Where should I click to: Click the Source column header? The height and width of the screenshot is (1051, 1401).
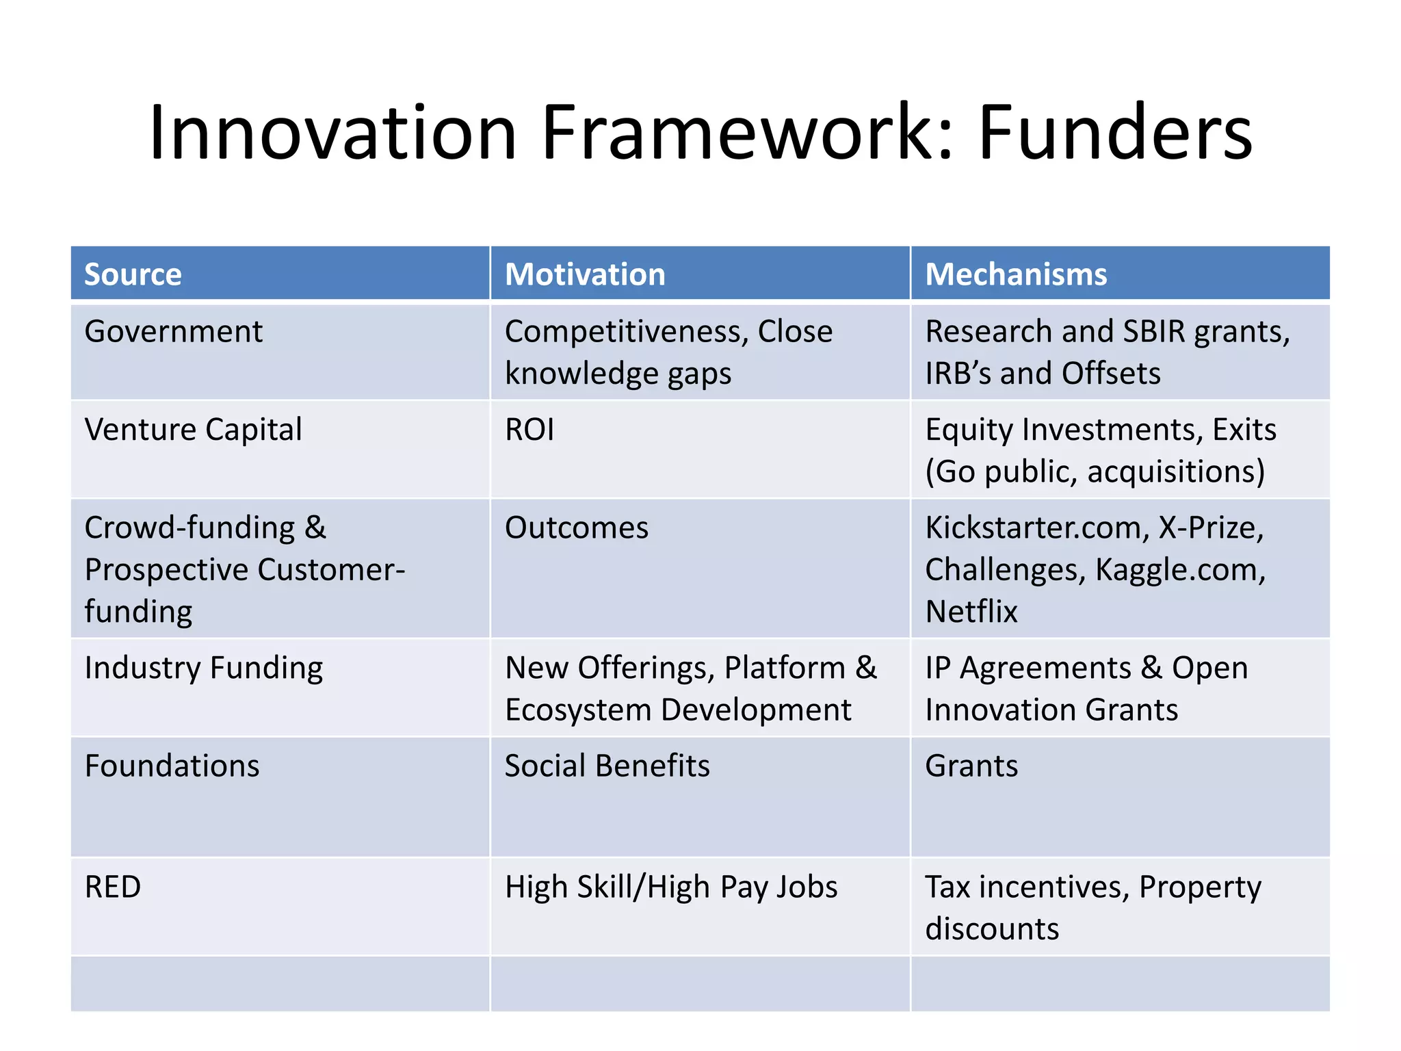(133, 274)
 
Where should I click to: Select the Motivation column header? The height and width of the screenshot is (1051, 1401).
(585, 274)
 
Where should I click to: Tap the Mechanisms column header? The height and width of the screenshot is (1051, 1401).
(1016, 274)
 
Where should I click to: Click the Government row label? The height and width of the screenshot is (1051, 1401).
(173, 332)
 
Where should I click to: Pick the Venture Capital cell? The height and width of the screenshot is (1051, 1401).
(193, 430)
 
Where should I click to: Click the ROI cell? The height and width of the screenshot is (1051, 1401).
(529, 430)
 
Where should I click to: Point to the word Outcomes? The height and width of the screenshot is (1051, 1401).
(577, 528)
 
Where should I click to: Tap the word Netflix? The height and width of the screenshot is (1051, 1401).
(971, 612)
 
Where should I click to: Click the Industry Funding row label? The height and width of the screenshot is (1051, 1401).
(204, 668)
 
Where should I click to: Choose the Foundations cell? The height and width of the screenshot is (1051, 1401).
(172, 766)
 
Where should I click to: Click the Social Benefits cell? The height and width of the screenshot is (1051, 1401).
(607, 766)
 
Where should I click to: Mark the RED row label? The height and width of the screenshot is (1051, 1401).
(113, 887)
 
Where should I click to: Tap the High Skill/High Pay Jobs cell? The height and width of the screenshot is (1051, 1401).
(671, 887)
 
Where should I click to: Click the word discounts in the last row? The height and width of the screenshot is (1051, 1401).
(992, 929)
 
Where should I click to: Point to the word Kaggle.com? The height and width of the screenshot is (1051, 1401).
(1180, 570)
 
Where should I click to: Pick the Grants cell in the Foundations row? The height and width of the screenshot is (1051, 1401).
(971, 766)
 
